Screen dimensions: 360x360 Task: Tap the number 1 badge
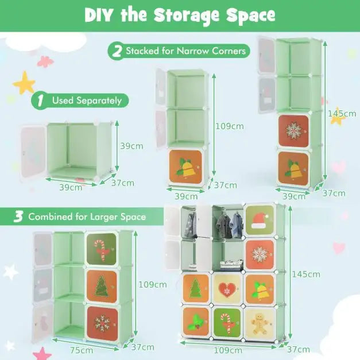[40, 101]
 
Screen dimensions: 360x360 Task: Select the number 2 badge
[117, 51]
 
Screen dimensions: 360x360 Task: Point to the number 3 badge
[18, 217]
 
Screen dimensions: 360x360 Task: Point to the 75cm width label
[81, 350]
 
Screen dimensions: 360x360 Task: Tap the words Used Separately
[87, 101]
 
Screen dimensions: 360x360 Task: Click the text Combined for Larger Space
[87, 217]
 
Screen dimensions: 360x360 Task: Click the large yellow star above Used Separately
[24, 84]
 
